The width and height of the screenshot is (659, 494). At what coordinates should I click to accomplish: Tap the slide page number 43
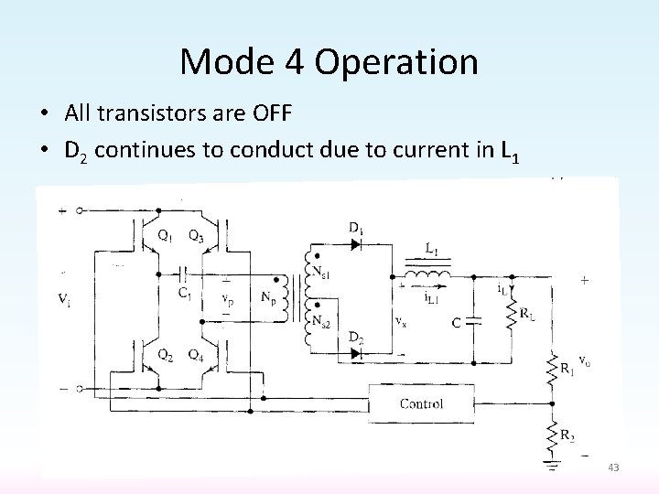pos(613,467)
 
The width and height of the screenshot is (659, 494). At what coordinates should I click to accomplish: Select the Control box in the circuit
pos(422,403)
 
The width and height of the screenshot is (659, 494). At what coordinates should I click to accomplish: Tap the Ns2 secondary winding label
pos(322,320)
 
